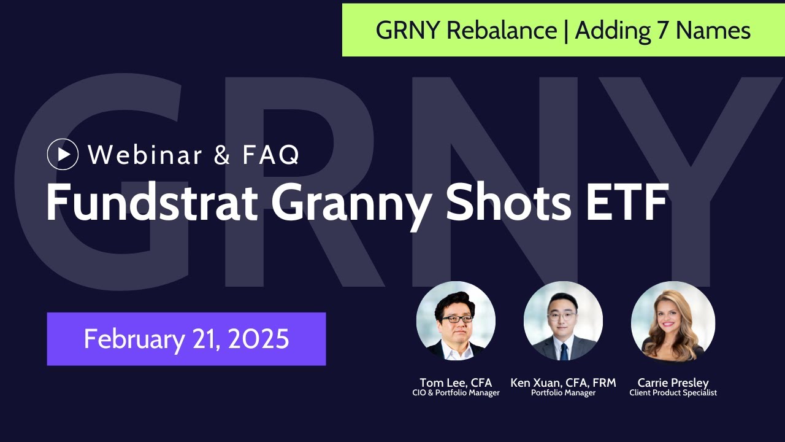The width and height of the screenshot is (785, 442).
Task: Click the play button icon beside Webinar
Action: pos(63,154)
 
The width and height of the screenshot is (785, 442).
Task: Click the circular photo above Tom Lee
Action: pos(456,320)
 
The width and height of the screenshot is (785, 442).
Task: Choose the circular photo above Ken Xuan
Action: pos(563,320)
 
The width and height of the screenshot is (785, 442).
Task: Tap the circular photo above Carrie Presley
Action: pos(673,320)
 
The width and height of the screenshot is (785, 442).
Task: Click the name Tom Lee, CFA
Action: pos(456,383)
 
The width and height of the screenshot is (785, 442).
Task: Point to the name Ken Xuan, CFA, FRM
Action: pos(563,383)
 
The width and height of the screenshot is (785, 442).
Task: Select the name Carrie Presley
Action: pos(673,383)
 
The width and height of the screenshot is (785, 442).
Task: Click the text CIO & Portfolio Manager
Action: pos(456,393)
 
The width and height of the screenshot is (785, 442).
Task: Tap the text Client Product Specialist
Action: pos(673,393)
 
